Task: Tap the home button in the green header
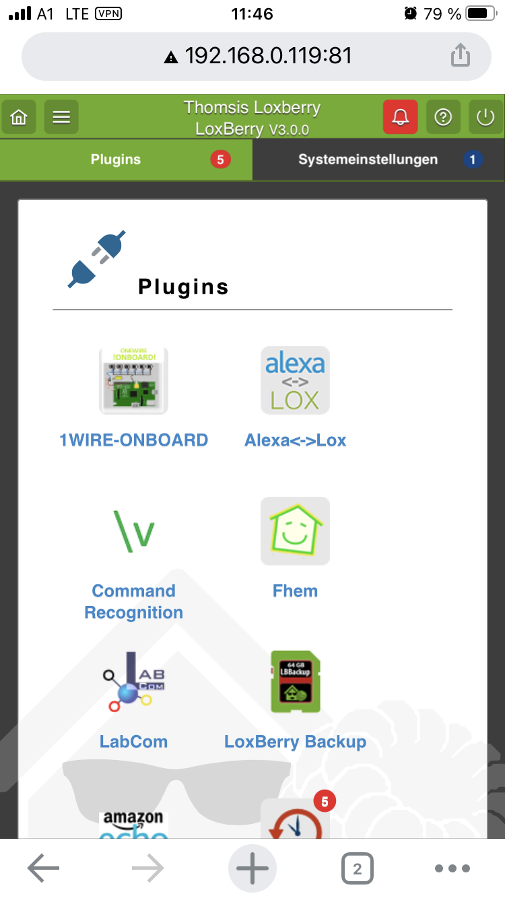tap(19, 117)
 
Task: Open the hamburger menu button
tap(61, 117)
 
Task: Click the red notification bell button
tap(400, 117)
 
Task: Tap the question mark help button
tap(442, 117)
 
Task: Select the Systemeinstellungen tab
tap(368, 160)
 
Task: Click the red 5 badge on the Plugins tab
tap(220, 160)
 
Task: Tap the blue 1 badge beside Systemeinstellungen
tap(473, 160)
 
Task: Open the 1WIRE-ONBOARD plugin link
tap(133, 440)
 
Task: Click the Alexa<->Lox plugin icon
tap(295, 380)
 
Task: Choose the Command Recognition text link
tap(133, 602)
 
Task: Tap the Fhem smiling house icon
tap(295, 531)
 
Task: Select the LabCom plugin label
tap(133, 742)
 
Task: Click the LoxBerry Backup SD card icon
tap(295, 681)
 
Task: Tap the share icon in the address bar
tap(460, 55)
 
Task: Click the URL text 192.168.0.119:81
tap(268, 55)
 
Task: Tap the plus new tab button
tap(252, 868)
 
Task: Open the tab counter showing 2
tap(357, 868)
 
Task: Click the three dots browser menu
tap(452, 868)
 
